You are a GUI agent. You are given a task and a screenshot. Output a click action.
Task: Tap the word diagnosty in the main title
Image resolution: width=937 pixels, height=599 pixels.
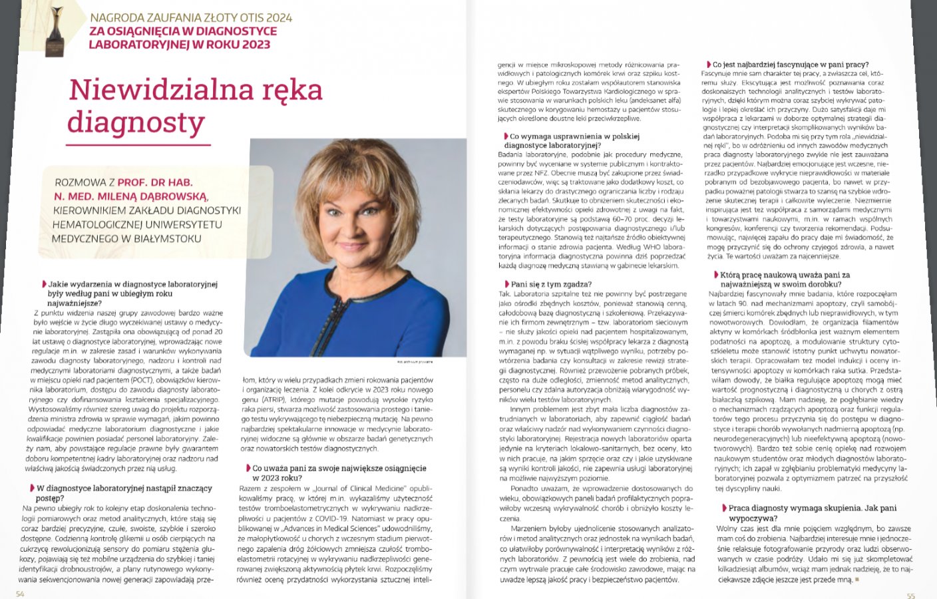[136, 122]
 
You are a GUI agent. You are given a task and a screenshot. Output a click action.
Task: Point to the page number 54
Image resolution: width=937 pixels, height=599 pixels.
[20, 594]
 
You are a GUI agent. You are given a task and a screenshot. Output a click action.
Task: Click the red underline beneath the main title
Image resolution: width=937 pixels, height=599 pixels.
[139, 144]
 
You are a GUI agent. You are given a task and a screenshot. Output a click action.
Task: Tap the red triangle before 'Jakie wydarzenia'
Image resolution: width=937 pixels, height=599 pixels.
[44, 284]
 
